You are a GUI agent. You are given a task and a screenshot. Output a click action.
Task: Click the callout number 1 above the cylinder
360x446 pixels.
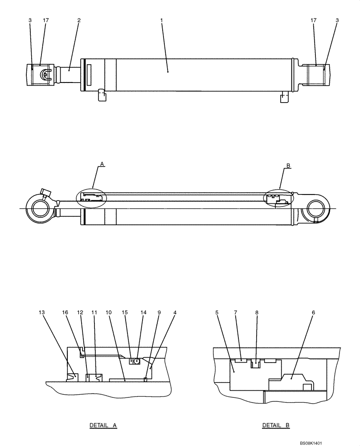click(x=161, y=21)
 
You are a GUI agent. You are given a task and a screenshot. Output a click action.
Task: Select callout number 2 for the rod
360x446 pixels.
click(x=79, y=21)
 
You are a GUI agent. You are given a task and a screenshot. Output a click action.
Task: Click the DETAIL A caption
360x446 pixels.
click(x=103, y=425)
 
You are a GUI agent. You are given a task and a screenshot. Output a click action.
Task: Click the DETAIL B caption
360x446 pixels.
click(x=276, y=425)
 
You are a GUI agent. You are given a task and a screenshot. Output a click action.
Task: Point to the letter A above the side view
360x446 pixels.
click(x=102, y=165)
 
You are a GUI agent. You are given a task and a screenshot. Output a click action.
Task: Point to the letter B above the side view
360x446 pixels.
click(x=288, y=166)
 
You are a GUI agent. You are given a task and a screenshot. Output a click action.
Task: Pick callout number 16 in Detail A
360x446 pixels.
click(x=65, y=313)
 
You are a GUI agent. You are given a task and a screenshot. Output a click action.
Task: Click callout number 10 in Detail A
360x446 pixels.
click(x=109, y=313)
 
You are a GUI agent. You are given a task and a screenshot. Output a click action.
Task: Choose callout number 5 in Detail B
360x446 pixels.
click(x=217, y=313)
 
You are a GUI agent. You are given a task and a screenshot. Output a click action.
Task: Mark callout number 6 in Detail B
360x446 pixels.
click(x=313, y=313)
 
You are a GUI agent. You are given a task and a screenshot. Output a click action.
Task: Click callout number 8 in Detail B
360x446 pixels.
click(x=257, y=313)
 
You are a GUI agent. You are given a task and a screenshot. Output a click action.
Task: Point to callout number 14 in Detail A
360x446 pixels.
click(x=143, y=313)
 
